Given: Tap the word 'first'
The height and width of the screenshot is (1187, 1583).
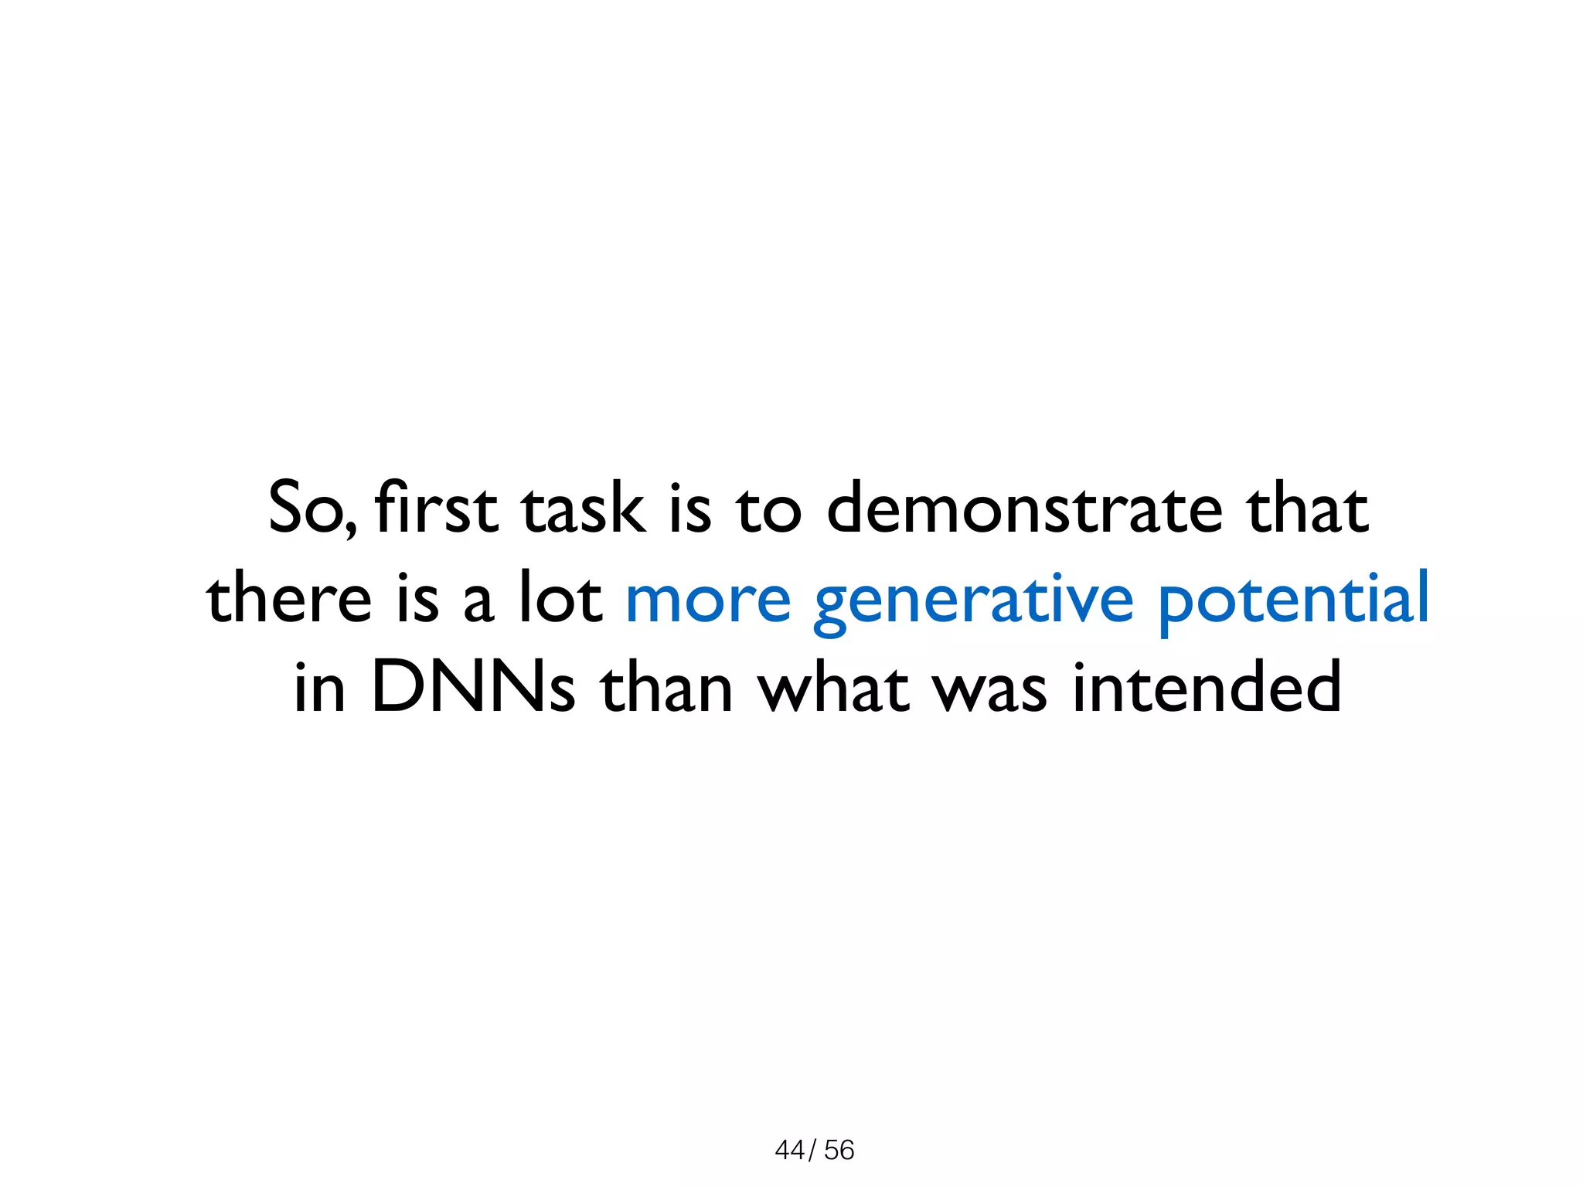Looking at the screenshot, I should pos(435,508).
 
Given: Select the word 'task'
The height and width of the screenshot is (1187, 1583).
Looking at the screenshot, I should pos(582,508).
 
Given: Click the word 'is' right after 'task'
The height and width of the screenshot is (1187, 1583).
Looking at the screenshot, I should pos(689,508).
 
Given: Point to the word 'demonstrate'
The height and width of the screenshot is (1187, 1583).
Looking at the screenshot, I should pos(1024,508).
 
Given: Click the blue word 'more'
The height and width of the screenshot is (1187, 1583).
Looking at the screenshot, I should pos(708,599).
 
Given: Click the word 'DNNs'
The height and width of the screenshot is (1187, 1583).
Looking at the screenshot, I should pos(473,687).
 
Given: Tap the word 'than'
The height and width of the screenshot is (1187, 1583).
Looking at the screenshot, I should pos(666,687).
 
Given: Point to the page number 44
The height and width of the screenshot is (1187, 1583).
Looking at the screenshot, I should pos(789,1150).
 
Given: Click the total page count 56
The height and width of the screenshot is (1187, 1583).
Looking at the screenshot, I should pos(839,1150).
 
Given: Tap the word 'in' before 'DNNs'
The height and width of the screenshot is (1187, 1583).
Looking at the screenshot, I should pos(319,687).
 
